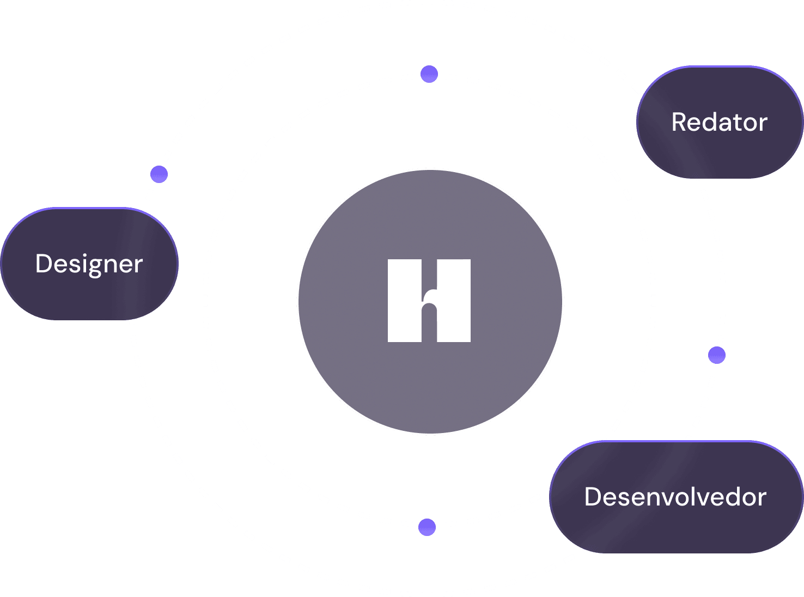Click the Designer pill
click(89, 264)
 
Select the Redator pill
click(720, 122)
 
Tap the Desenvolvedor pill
click(675, 497)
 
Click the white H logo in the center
click(429, 301)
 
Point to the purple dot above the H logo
click(429, 74)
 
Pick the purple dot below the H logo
click(427, 527)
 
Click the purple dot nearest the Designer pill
click(159, 174)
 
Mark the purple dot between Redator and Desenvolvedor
click(717, 355)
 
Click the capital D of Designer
click(43, 264)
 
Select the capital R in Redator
click(679, 122)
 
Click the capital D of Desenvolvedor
click(592, 497)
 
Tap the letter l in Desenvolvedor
click(692, 496)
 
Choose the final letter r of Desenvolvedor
click(763, 498)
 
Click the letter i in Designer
click(81, 263)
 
